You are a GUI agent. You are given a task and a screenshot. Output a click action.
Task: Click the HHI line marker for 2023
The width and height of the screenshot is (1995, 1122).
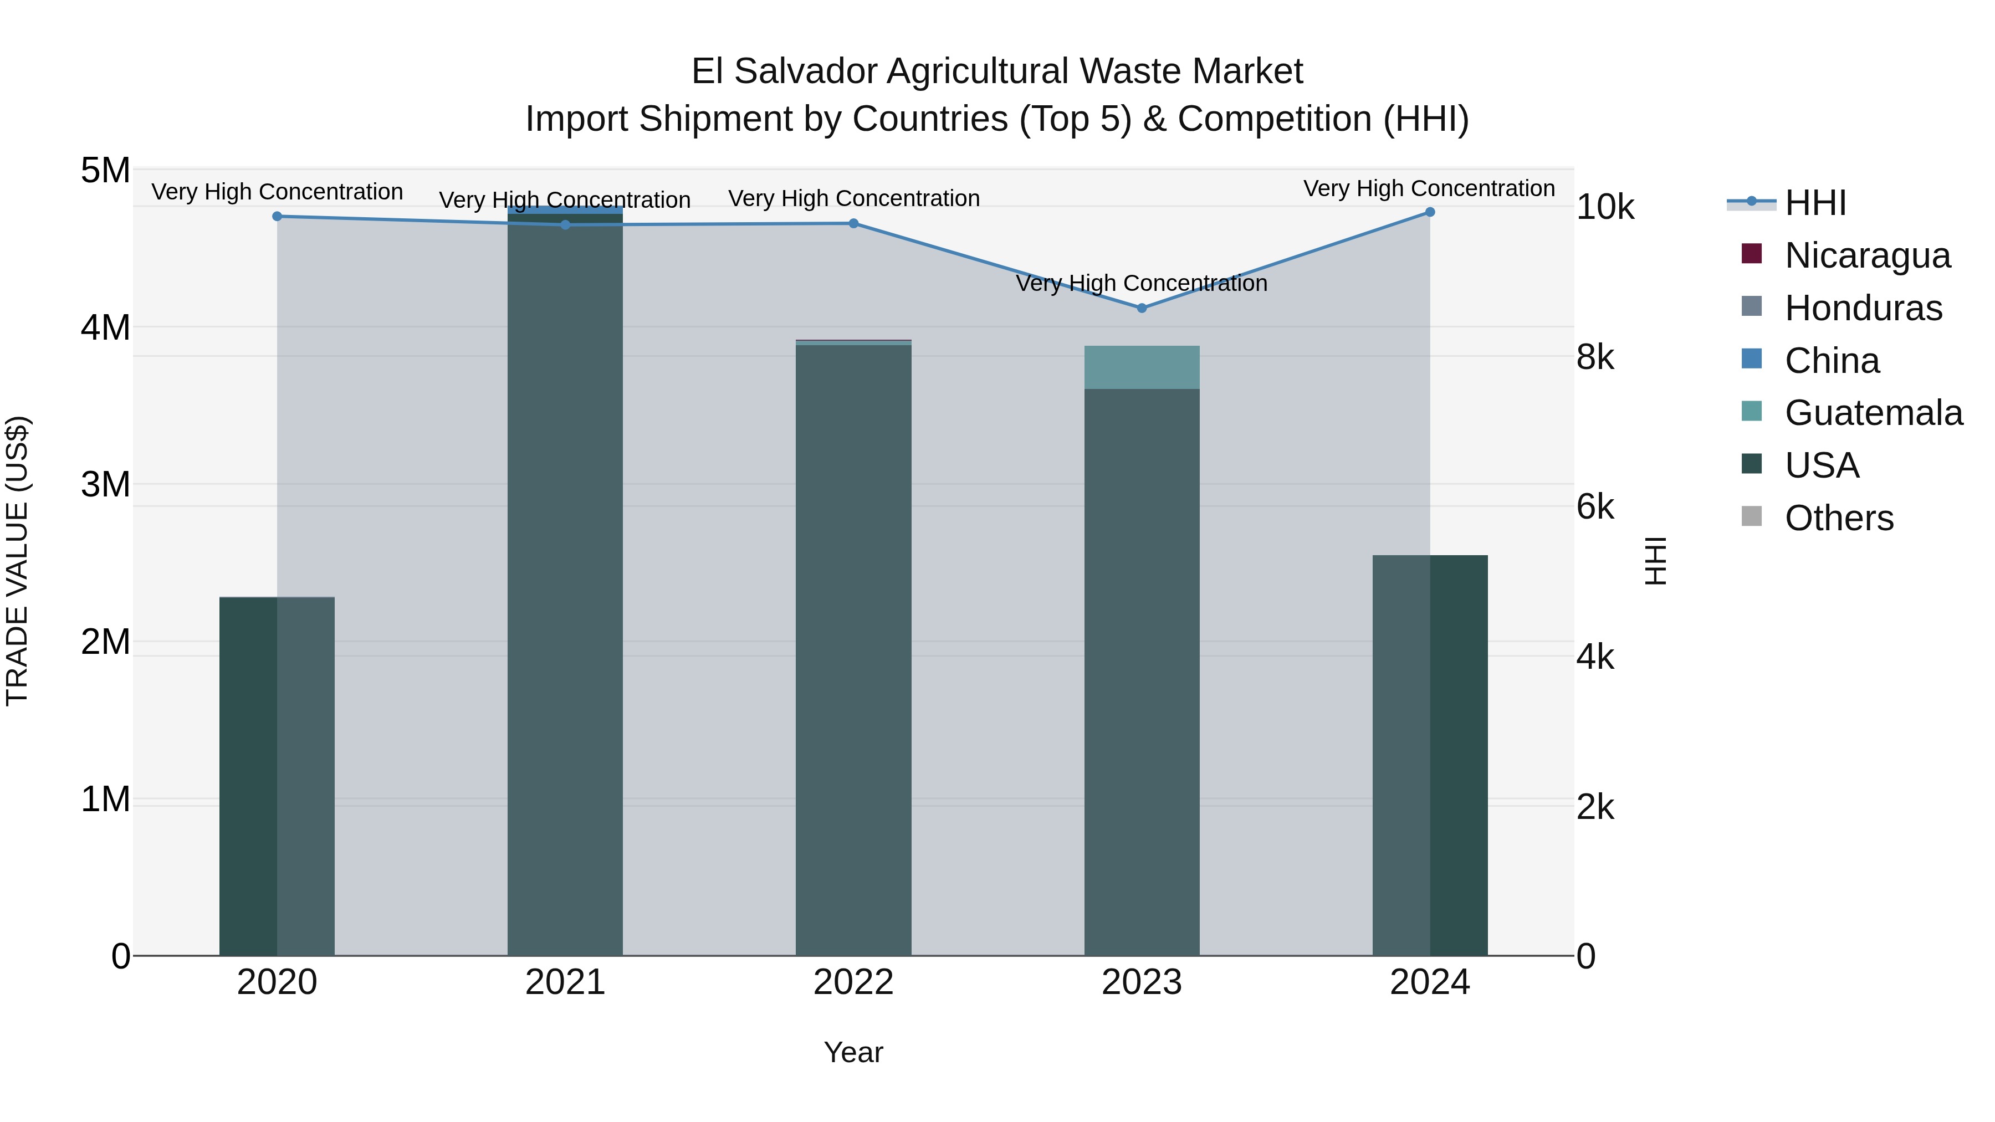[x=1142, y=308]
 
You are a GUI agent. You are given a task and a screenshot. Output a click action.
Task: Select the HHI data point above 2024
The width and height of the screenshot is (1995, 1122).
[x=1430, y=212]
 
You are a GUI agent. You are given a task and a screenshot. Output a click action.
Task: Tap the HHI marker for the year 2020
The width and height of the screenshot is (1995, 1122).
[x=277, y=216]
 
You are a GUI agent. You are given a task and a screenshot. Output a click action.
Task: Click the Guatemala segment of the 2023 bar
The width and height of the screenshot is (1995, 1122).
[x=1142, y=367]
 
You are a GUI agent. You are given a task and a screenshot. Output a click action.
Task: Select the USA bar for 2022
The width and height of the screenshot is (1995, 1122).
[x=853, y=650]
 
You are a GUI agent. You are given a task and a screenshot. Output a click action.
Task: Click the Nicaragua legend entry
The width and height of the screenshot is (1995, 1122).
[x=1866, y=255]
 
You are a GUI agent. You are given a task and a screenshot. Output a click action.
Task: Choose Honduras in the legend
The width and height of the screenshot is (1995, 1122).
[x=1863, y=308]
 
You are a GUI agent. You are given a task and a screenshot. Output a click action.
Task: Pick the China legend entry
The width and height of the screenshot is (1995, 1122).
[x=1832, y=361]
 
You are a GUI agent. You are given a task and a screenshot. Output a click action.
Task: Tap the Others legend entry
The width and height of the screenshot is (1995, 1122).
[x=1839, y=518]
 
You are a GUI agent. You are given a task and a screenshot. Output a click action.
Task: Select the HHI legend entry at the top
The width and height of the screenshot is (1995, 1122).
[x=1814, y=203]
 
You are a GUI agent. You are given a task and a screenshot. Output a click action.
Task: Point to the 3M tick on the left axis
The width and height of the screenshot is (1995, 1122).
[x=105, y=485]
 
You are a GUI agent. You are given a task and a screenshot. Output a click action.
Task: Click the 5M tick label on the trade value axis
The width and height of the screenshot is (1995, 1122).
[x=105, y=170]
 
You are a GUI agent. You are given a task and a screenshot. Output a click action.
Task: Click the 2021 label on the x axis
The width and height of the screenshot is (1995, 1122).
[x=565, y=982]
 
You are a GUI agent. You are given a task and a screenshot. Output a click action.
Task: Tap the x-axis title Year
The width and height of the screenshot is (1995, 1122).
[x=853, y=1052]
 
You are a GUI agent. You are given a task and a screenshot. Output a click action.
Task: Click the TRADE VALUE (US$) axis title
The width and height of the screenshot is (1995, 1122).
[x=17, y=561]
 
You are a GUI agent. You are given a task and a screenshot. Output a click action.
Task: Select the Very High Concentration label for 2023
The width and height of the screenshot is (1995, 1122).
[x=1142, y=283]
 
